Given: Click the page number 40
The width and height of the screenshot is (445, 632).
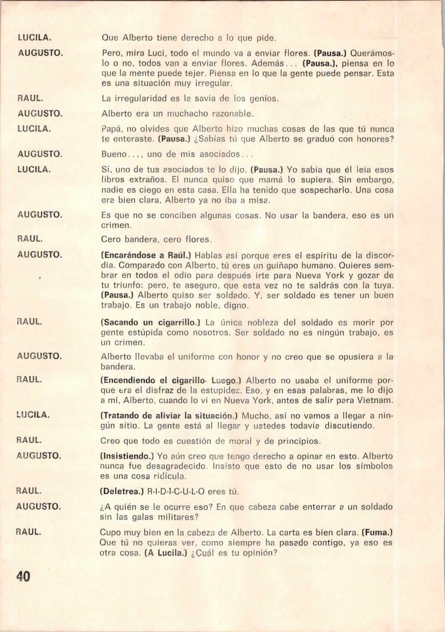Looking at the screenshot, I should [x=24, y=576].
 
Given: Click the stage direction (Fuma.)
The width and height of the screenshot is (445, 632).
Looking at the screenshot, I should [x=377, y=532].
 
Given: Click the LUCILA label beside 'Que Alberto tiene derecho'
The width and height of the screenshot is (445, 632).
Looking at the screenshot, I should [x=34, y=37].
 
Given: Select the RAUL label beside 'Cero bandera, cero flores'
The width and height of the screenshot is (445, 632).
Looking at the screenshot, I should [x=29, y=239].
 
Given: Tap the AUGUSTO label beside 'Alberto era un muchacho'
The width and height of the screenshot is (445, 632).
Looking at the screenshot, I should [x=40, y=113].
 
